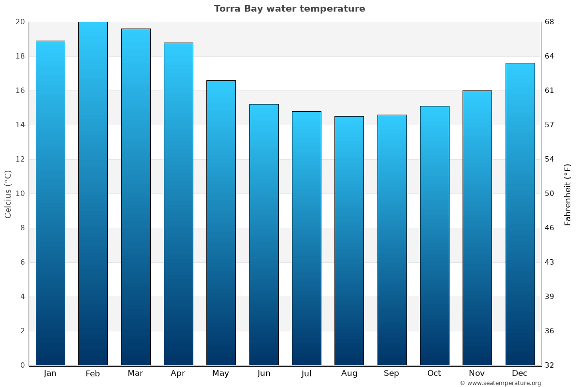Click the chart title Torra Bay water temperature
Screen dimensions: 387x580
click(290, 9)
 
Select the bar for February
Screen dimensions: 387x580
click(93, 193)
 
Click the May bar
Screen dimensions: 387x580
click(221, 223)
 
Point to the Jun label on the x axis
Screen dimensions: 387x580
click(264, 373)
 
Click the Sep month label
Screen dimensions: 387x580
click(391, 373)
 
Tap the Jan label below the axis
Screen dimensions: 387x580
click(50, 373)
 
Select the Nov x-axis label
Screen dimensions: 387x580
click(477, 373)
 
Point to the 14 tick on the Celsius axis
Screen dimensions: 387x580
click(20, 125)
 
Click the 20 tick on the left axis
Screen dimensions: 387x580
click(20, 22)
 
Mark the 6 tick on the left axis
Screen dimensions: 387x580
click(22, 262)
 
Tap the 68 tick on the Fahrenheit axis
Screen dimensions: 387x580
click(550, 22)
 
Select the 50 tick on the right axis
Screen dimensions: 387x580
click(550, 193)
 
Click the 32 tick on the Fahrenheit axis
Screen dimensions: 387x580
click(550, 365)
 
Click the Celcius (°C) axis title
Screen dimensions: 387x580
click(8, 193)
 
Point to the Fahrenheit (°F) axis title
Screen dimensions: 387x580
click(567, 194)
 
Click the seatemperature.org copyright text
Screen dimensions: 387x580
click(500, 383)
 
